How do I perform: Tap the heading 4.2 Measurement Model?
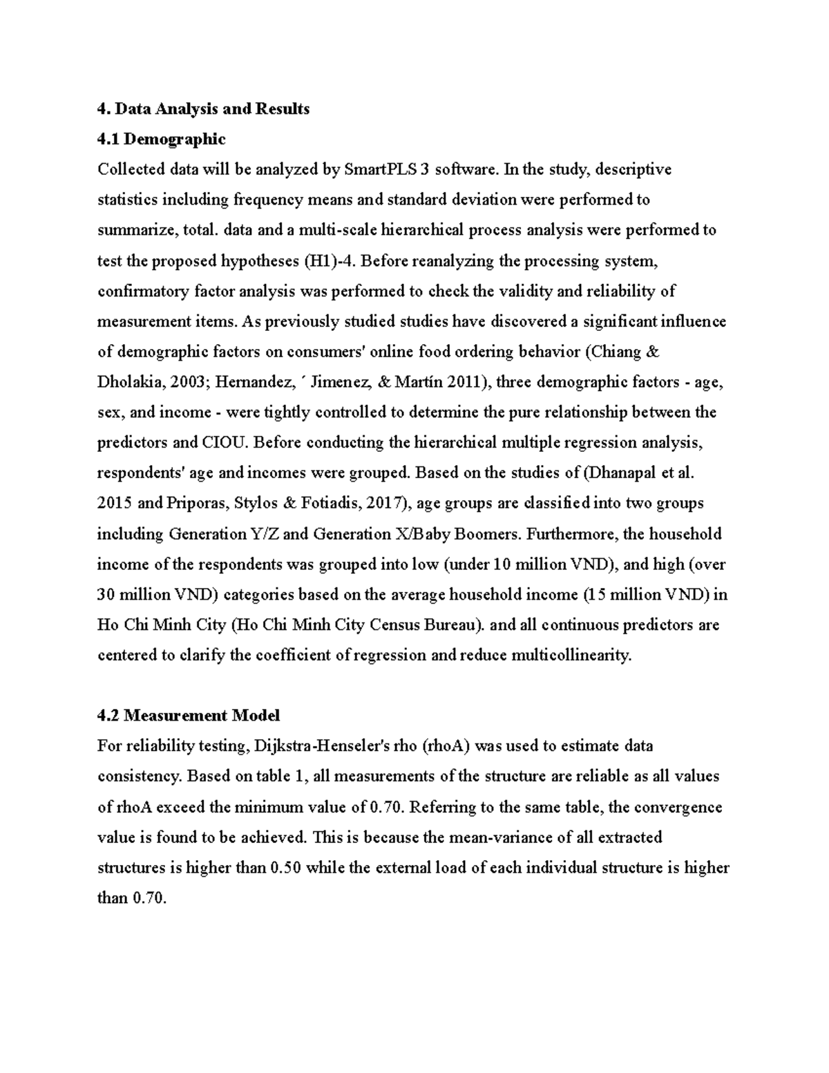pyautogui.click(x=189, y=716)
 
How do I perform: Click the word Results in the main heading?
pyautogui.click(x=282, y=109)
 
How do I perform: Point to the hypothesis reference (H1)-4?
pyautogui.click(x=329, y=261)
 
